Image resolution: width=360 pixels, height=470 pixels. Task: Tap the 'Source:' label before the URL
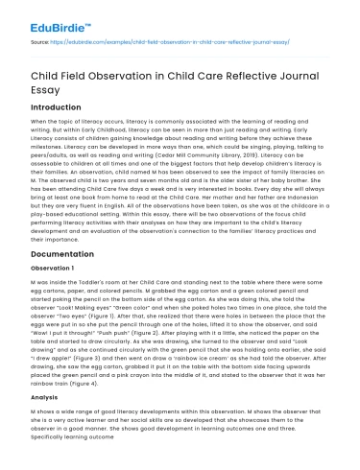39,43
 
